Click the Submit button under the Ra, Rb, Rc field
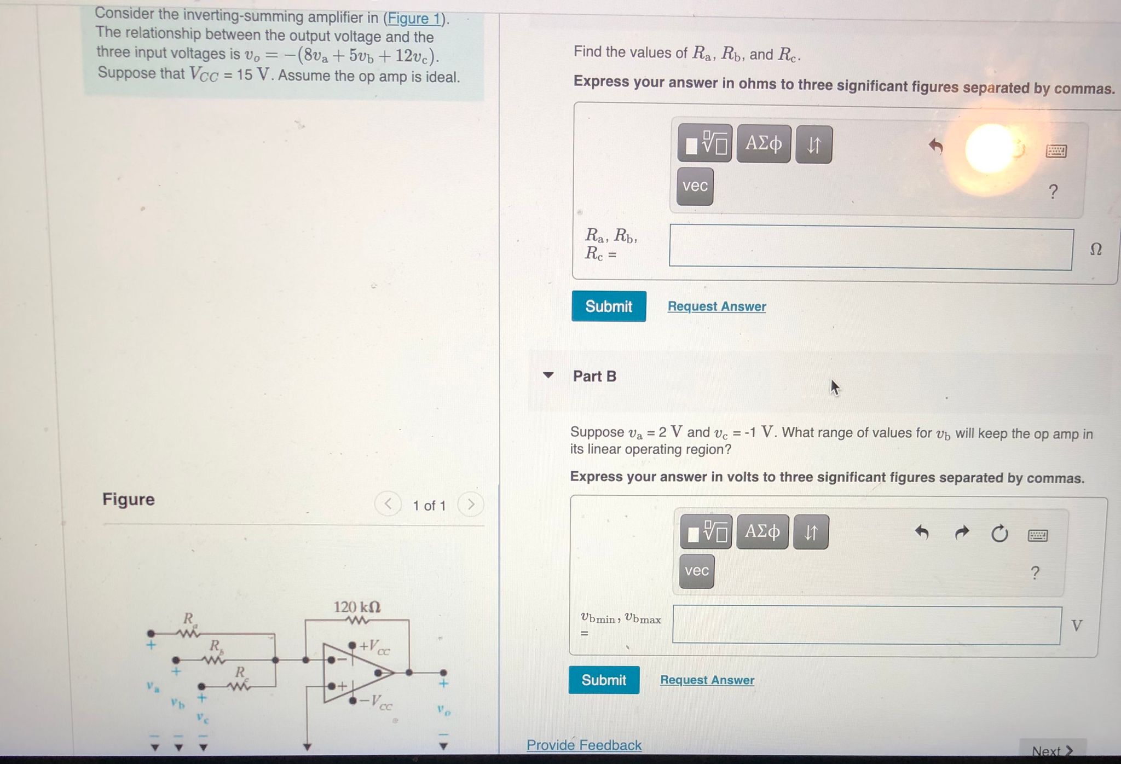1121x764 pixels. [609, 306]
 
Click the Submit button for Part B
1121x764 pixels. [604, 680]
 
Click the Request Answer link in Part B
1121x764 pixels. [707, 680]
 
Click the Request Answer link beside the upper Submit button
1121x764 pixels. [716, 306]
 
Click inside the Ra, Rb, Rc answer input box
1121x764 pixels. [870, 248]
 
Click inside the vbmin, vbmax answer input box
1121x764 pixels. [866, 625]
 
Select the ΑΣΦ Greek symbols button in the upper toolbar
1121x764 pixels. [764, 144]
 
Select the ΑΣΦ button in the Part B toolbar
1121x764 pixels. [762, 531]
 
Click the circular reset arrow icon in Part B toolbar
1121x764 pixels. [999, 533]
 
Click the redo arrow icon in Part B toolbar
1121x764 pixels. [962, 533]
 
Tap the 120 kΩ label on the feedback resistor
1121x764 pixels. [357, 607]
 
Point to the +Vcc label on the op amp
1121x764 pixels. [374, 646]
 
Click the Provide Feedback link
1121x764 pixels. [584, 745]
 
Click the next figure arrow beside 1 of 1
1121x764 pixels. [471, 504]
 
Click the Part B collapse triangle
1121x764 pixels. [548, 375]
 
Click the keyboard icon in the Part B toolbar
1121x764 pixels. [1038, 535]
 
